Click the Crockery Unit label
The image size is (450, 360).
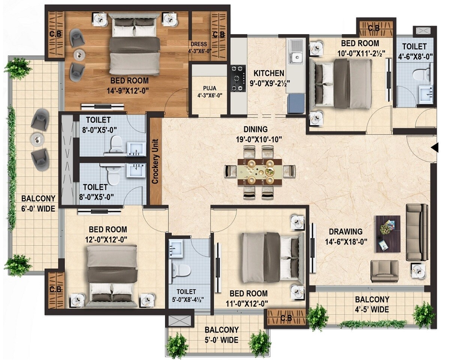tap(155, 162)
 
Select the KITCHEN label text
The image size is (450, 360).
tap(268, 73)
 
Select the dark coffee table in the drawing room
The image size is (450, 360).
tap(388, 234)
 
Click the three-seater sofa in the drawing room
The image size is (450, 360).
tap(417, 232)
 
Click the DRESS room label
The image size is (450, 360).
tap(198, 44)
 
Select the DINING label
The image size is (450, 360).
tap(255, 129)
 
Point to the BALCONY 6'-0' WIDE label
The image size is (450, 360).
tap(38, 203)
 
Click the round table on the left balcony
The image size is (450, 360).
tap(37, 138)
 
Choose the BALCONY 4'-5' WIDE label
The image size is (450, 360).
tap(372, 304)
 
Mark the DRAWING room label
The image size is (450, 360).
tap(345, 231)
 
